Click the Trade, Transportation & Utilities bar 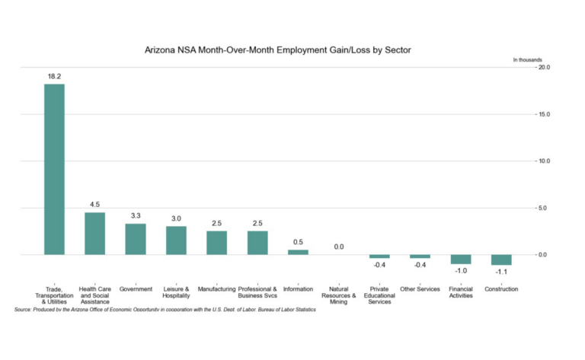click(54, 169)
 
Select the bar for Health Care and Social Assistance click(94, 233)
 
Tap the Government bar click(136, 239)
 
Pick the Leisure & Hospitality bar click(176, 240)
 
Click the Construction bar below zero click(501, 260)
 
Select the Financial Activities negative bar click(461, 259)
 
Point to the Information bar click(298, 252)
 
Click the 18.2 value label click(54, 77)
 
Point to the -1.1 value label click(501, 272)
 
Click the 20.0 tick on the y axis click(544, 68)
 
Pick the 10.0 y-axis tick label click(544, 161)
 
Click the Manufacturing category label click(216, 289)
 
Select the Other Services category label click(420, 289)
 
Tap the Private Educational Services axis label click(379, 295)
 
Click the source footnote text click(165, 310)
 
